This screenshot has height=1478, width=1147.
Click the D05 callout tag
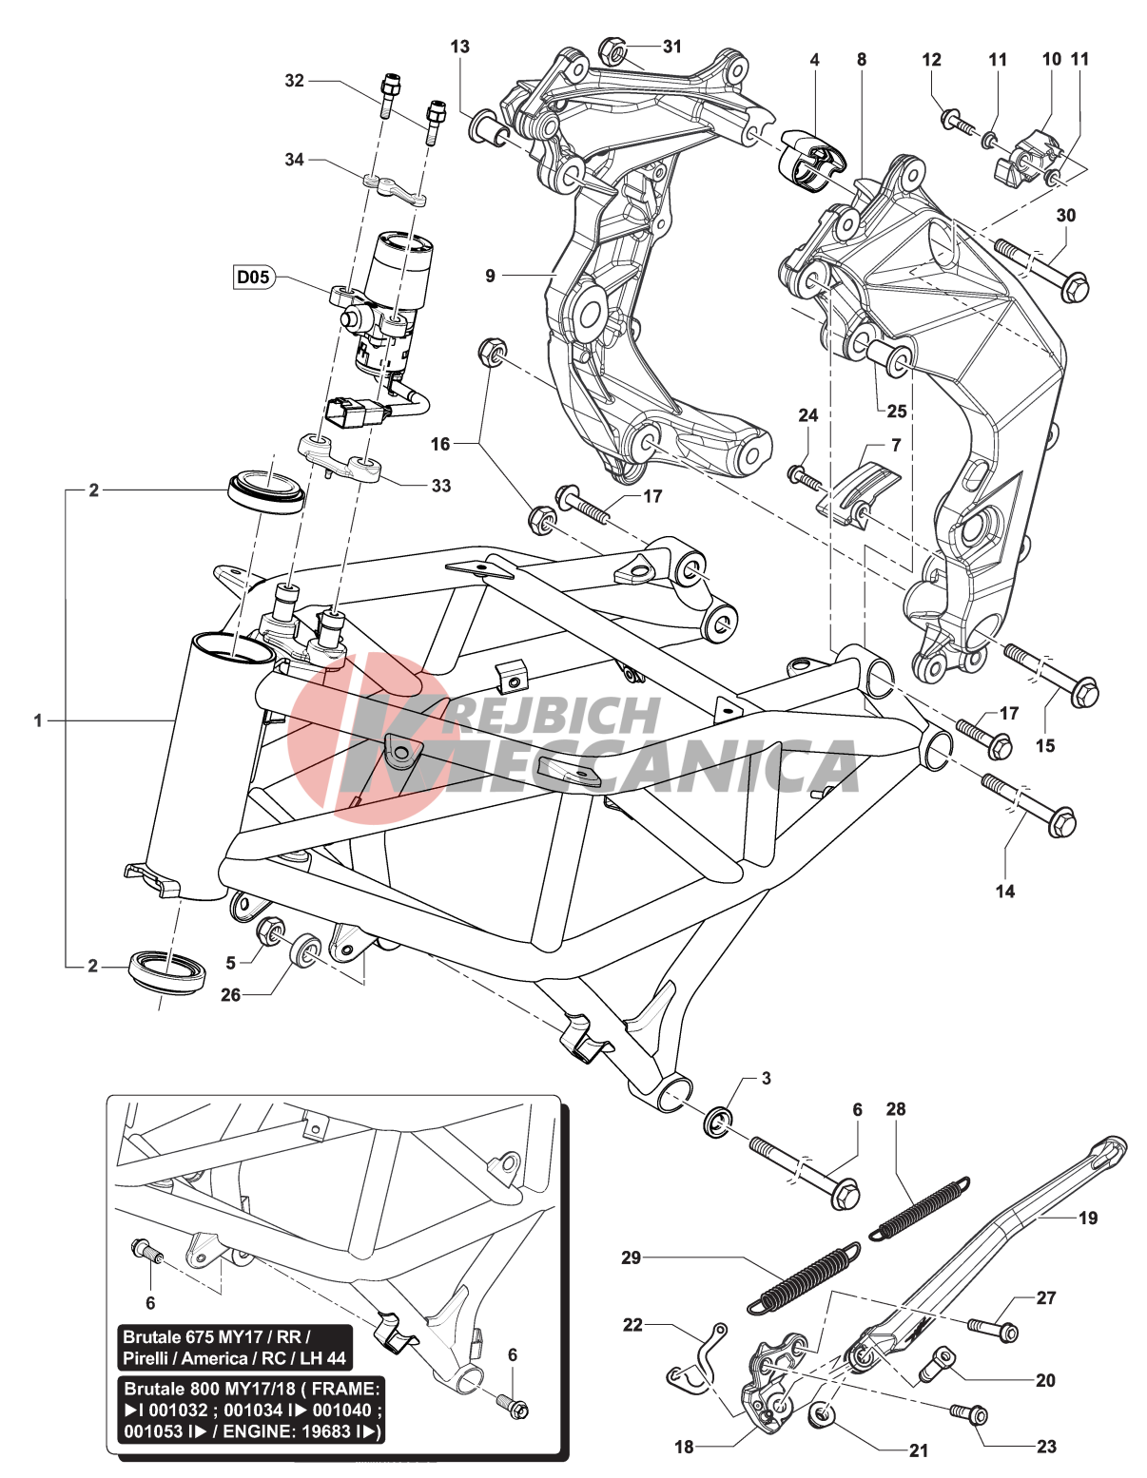tap(253, 278)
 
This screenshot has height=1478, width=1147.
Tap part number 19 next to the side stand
tap(1088, 1218)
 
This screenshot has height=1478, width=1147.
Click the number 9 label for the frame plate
tap(490, 276)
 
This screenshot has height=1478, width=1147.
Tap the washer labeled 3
tap(718, 1123)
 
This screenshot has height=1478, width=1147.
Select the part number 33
tap(440, 486)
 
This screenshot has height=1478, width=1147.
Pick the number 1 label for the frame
tap(38, 720)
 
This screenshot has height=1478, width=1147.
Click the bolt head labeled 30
tap(1075, 285)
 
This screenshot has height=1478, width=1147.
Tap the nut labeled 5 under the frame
tap(268, 929)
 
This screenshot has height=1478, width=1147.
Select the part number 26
tap(230, 995)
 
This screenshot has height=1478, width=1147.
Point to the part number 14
tap(1005, 891)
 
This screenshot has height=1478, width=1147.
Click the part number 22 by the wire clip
tap(632, 1324)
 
